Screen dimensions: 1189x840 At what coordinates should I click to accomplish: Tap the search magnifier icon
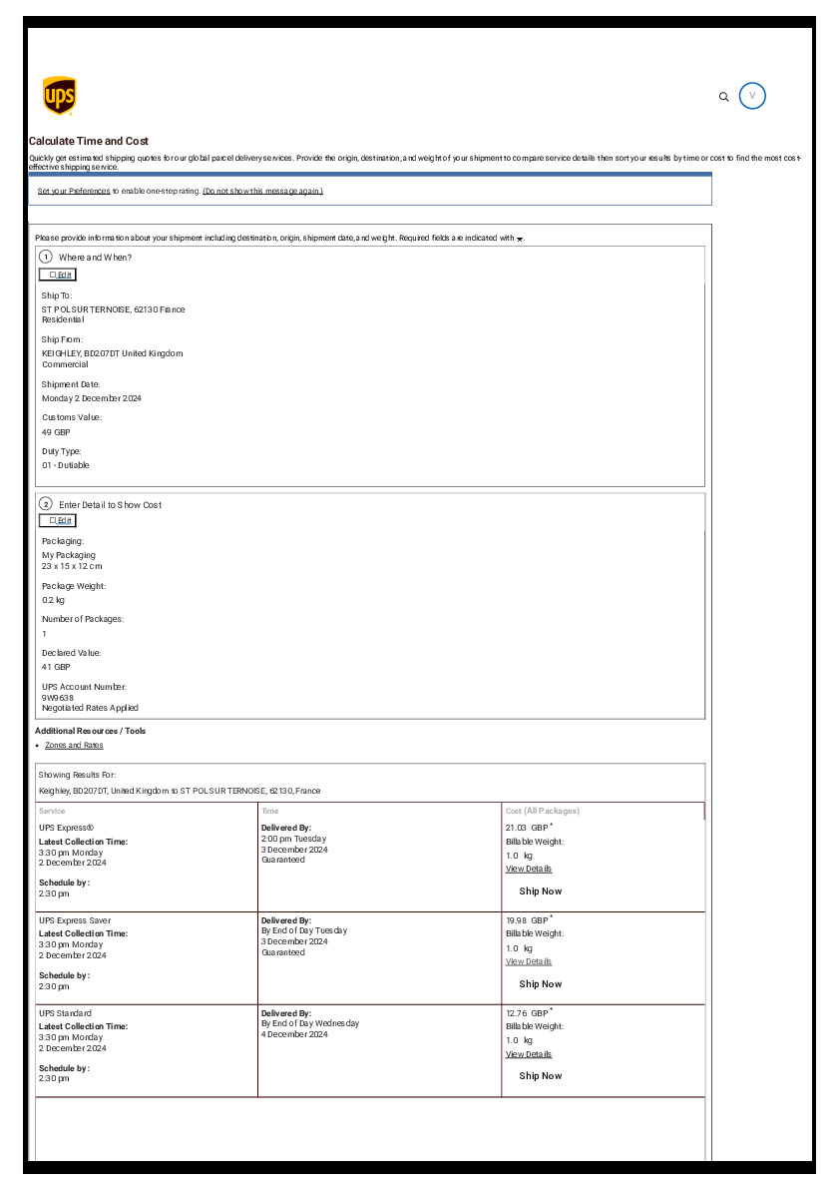click(x=724, y=97)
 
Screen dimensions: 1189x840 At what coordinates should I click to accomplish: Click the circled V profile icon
click(x=752, y=96)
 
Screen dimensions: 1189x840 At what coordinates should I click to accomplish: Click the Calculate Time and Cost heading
click(x=89, y=142)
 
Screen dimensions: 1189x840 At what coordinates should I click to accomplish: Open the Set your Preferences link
click(x=74, y=191)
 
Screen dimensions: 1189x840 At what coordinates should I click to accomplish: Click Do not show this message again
click(x=262, y=191)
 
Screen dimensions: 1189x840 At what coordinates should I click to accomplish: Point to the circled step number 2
click(x=46, y=504)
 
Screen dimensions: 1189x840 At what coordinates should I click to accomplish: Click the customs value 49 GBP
click(x=56, y=432)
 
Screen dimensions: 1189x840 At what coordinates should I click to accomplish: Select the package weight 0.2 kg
click(x=53, y=600)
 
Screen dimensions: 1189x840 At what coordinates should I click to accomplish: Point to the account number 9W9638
click(x=58, y=698)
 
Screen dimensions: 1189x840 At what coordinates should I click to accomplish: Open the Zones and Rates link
click(x=74, y=746)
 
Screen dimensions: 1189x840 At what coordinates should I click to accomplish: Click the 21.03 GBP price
click(x=527, y=828)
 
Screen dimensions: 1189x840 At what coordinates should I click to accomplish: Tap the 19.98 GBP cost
click(x=527, y=920)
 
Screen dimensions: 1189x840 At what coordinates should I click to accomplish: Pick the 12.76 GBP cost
click(x=527, y=1013)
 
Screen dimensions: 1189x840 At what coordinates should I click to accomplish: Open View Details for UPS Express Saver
click(x=529, y=961)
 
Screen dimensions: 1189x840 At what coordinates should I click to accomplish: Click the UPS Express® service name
click(x=66, y=828)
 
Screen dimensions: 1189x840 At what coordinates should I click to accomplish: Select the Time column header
click(x=270, y=812)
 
